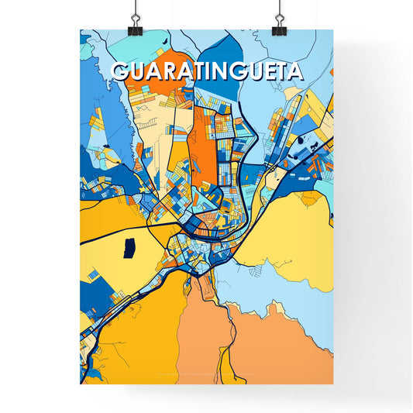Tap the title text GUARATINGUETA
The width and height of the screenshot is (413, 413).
click(x=207, y=71)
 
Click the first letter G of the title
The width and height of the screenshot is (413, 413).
click(x=121, y=71)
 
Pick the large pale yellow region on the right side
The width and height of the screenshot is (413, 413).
click(x=294, y=232)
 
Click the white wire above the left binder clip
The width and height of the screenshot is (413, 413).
click(x=135, y=8)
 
